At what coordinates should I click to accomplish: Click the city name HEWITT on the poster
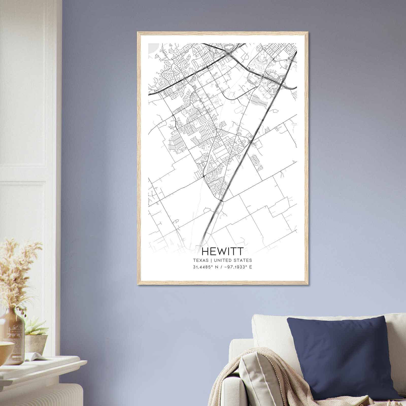pos(222,251)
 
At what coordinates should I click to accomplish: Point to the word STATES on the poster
pos(244,260)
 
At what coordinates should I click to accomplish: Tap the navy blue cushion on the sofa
pos(340,355)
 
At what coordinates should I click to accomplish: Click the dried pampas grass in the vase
pos(18,274)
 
